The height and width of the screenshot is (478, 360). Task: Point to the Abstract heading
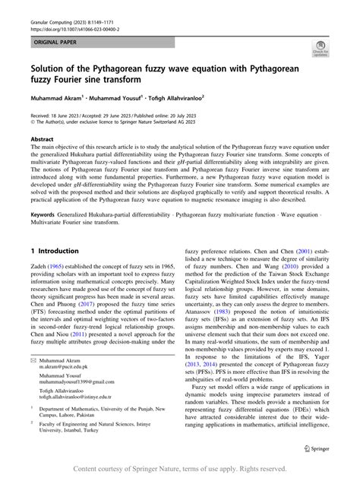(x=42, y=140)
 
